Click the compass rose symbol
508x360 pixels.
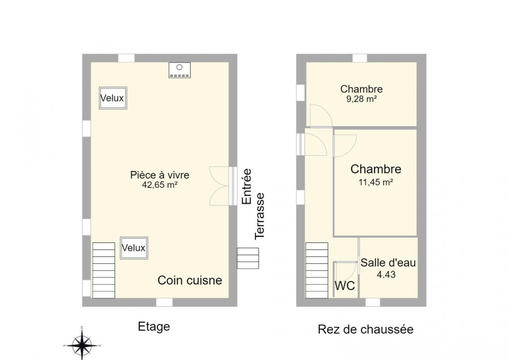[82, 345]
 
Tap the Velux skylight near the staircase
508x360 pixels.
[134, 248]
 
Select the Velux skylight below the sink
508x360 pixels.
[113, 98]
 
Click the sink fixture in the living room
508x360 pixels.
[179, 70]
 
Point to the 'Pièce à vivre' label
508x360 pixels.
[160, 175]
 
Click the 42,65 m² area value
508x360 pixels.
[160, 185]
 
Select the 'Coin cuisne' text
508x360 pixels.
[190, 280]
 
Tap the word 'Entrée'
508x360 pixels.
[247, 186]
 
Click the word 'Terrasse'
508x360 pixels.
[260, 216]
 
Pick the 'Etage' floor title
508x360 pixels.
[154, 327]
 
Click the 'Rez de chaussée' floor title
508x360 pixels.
[365, 329]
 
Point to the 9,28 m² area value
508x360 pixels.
[361, 99]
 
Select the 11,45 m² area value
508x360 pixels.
[376, 182]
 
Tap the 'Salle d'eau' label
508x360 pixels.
[388, 263]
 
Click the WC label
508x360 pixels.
[345, 286]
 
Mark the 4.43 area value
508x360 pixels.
[386, 274]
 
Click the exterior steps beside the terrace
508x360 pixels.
[248, 258]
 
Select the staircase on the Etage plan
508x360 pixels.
[104, 270]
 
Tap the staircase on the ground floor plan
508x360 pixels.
[317, 270]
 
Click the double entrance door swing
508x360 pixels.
[219, 186]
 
